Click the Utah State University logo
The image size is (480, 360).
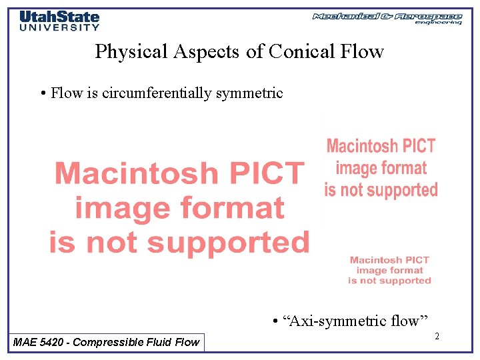(59, 20)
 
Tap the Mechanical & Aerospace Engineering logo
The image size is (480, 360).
(387, 18)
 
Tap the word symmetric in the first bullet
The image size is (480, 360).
(249, 93)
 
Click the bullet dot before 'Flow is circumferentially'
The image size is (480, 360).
(43, 93)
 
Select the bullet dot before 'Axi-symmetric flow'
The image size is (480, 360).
(275, 322)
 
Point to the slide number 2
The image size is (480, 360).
(437, 337)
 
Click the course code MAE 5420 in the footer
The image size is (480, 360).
(39, 342)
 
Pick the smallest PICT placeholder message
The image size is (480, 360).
(390, 270)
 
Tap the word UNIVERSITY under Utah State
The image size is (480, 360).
(59, 27)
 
